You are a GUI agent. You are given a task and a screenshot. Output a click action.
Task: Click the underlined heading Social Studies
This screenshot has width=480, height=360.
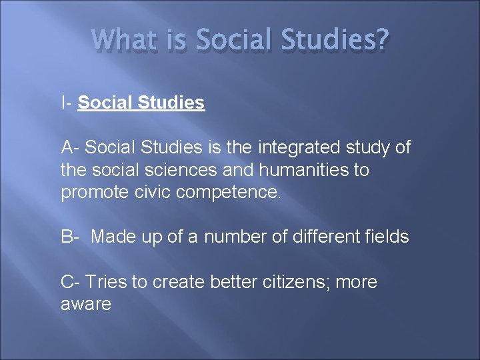[141, 103]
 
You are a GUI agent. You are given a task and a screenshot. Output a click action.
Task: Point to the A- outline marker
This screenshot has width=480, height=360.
[71, 147]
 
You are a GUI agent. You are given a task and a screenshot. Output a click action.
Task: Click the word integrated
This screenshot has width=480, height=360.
[297, 147]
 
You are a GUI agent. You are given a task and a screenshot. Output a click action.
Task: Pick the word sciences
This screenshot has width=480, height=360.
[183, 170]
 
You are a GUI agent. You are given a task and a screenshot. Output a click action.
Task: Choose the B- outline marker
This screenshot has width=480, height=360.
[71, 237]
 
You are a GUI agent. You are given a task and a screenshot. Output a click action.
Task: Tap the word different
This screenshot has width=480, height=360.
[323, 237]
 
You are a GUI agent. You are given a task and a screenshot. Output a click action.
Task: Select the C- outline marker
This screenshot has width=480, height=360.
[71, 282]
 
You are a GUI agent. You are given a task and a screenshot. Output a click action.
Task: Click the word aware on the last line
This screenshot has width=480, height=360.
[85, 305]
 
